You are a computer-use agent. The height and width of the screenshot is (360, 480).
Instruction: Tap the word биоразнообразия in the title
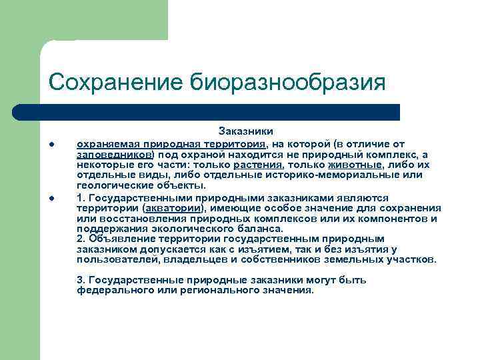coord(289,83)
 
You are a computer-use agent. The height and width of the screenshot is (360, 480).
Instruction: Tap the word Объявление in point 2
coord(119,239)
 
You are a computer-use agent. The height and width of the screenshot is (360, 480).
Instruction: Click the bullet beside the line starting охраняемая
coord(51,145)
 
